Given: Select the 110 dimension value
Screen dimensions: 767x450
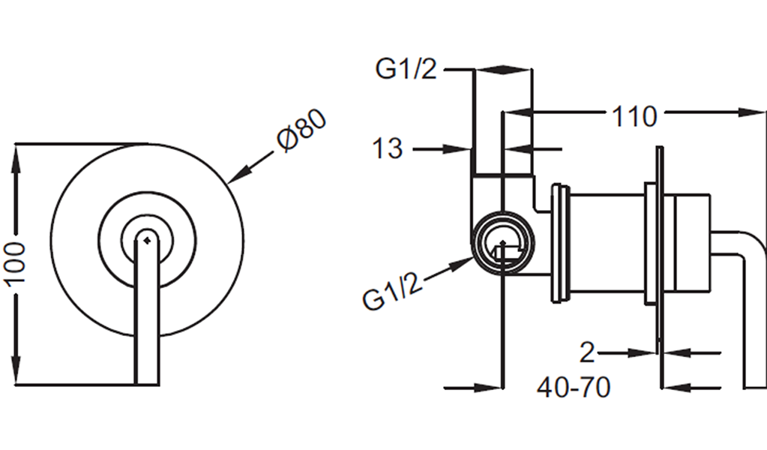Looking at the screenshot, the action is point(634,116).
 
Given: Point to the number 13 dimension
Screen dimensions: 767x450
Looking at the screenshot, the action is point(388,148).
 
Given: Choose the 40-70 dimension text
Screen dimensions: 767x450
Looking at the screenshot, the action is point(574,388).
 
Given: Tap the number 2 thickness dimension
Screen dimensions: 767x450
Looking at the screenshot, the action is point(587,352).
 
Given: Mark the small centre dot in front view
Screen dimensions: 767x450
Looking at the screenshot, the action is point(146,239).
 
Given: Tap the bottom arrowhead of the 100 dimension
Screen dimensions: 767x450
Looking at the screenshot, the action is point(16,372).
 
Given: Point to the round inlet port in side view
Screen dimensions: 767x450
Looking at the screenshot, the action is point(503,243).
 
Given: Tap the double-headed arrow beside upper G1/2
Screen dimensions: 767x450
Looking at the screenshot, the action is point(503,70).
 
